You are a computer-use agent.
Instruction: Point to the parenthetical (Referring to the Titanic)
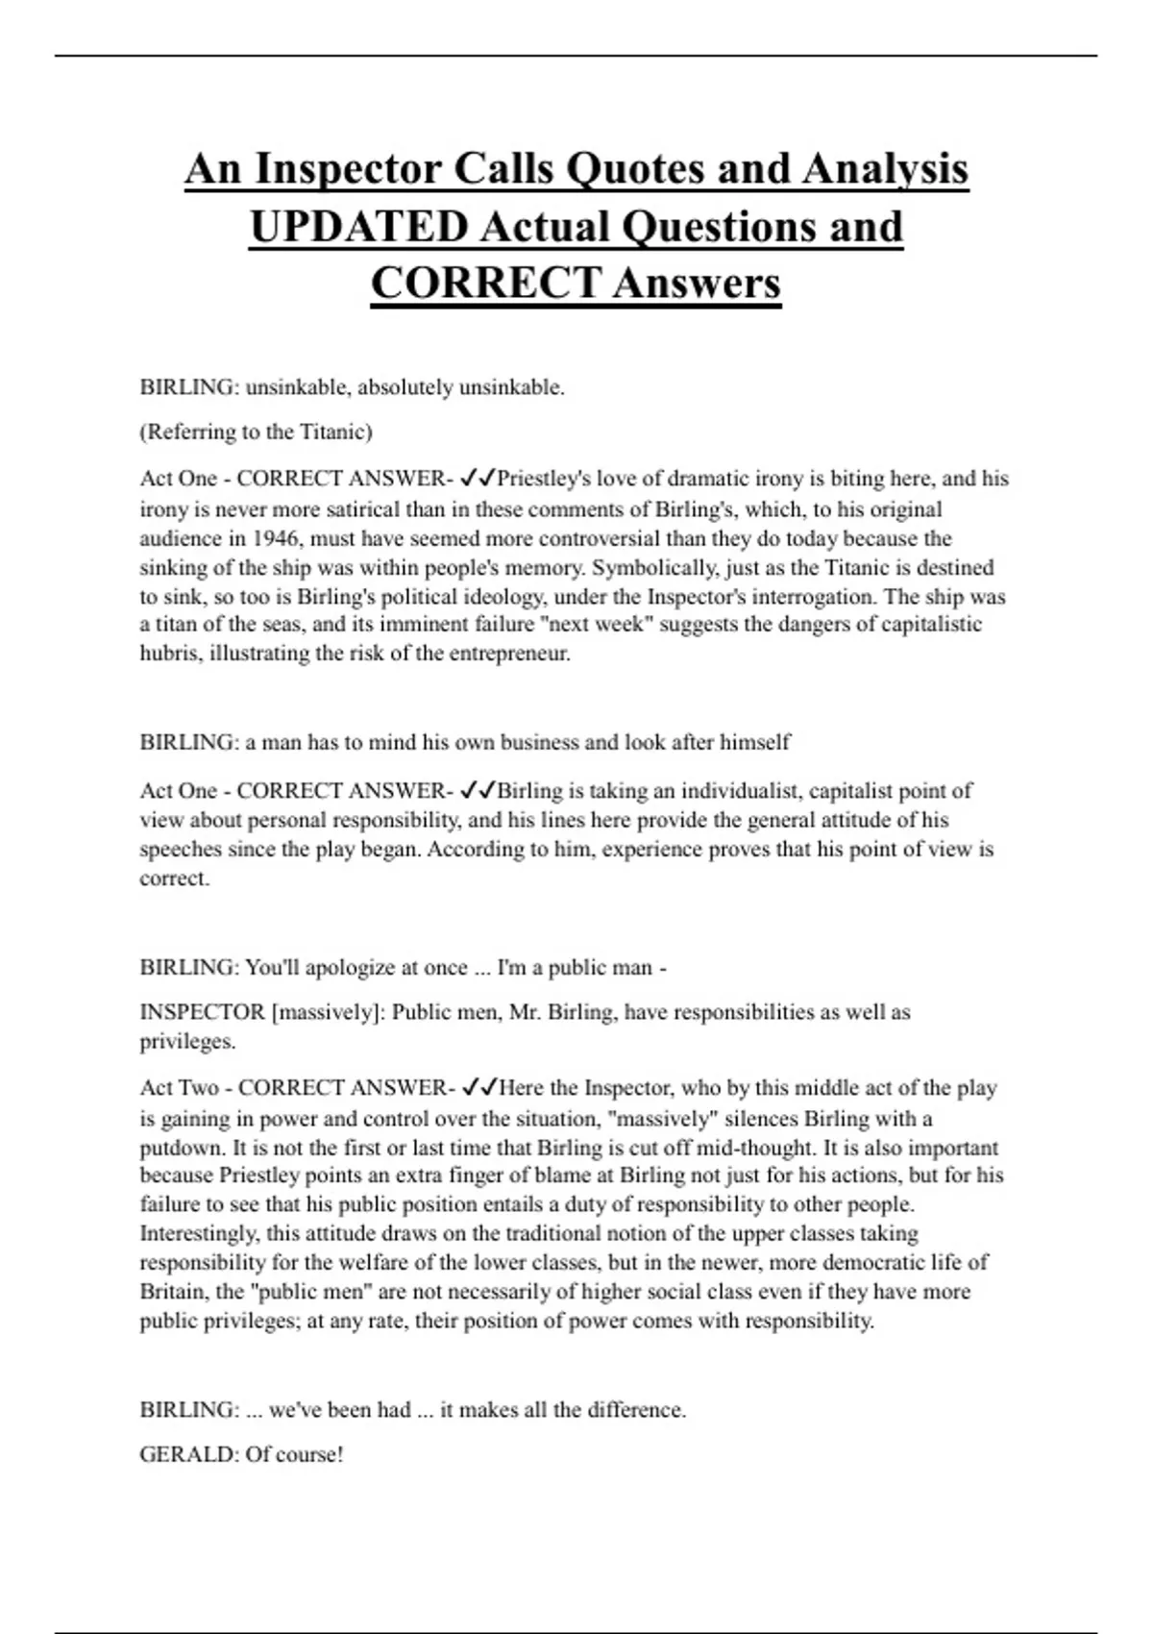click(256, 433)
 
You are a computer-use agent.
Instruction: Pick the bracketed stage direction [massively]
click(328, 1012)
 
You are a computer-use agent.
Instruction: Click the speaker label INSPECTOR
click(202, 1012)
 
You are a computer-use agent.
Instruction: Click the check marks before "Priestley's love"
click(478, 478)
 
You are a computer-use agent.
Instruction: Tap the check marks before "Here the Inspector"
click(478, 1088)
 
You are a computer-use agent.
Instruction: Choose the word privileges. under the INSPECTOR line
click(187, 1042)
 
